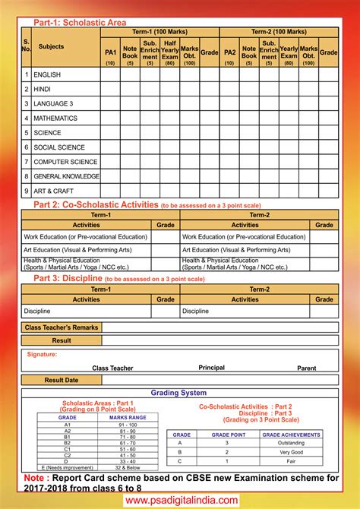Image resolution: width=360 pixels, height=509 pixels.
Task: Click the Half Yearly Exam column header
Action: click(169, 51)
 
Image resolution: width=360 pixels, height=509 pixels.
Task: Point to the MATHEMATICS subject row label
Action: click(56, 119)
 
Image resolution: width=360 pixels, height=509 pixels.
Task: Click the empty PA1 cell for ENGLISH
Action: click(110, 75)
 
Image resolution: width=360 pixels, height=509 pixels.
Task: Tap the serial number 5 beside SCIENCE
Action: click(27, 133)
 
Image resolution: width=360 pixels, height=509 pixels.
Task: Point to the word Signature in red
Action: click(42, 354)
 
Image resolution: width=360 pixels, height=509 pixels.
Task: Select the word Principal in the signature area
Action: click(211, 368)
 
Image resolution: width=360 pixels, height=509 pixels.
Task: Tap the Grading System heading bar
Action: click(178, 393)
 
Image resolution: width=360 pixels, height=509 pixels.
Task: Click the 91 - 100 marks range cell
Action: click(128, 424)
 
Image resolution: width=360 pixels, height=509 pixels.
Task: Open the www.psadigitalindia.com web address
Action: click(180, 501)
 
